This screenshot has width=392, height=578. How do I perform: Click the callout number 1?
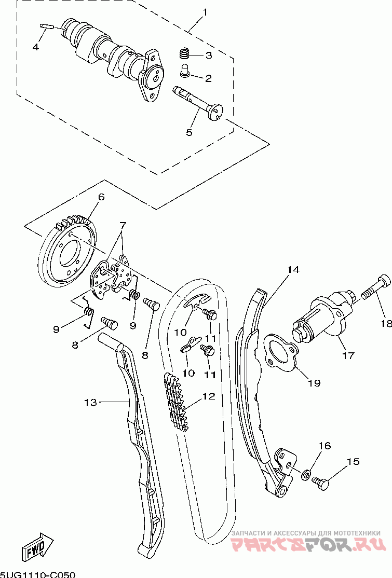(205, 12)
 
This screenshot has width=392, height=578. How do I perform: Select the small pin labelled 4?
(47, 26)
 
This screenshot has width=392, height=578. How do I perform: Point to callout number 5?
(189, 132)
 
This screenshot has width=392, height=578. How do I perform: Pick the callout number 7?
(123, 225)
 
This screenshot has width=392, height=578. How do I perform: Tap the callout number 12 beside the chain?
(208, 396)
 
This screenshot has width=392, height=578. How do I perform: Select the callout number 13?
(90, 402)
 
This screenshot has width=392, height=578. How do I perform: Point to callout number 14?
(293, 269)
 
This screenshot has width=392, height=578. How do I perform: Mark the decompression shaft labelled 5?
(198, 103)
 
